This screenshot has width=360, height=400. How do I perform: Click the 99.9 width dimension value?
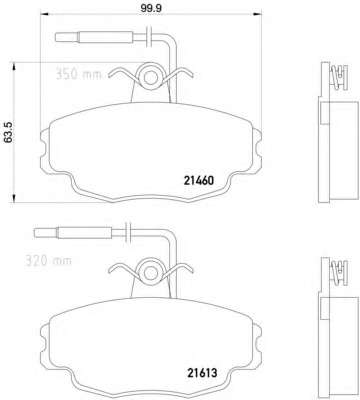point(151,8)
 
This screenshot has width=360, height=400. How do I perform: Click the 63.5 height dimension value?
point(8,132)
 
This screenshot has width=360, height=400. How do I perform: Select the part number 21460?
point(198,181)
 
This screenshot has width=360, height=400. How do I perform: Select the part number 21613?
point(201,373)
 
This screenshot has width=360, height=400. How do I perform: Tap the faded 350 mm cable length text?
point(78,74)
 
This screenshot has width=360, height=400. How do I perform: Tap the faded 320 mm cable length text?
point(48,260)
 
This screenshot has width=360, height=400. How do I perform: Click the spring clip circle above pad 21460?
point(151,77)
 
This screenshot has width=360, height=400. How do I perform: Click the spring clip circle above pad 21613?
point(151,270)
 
